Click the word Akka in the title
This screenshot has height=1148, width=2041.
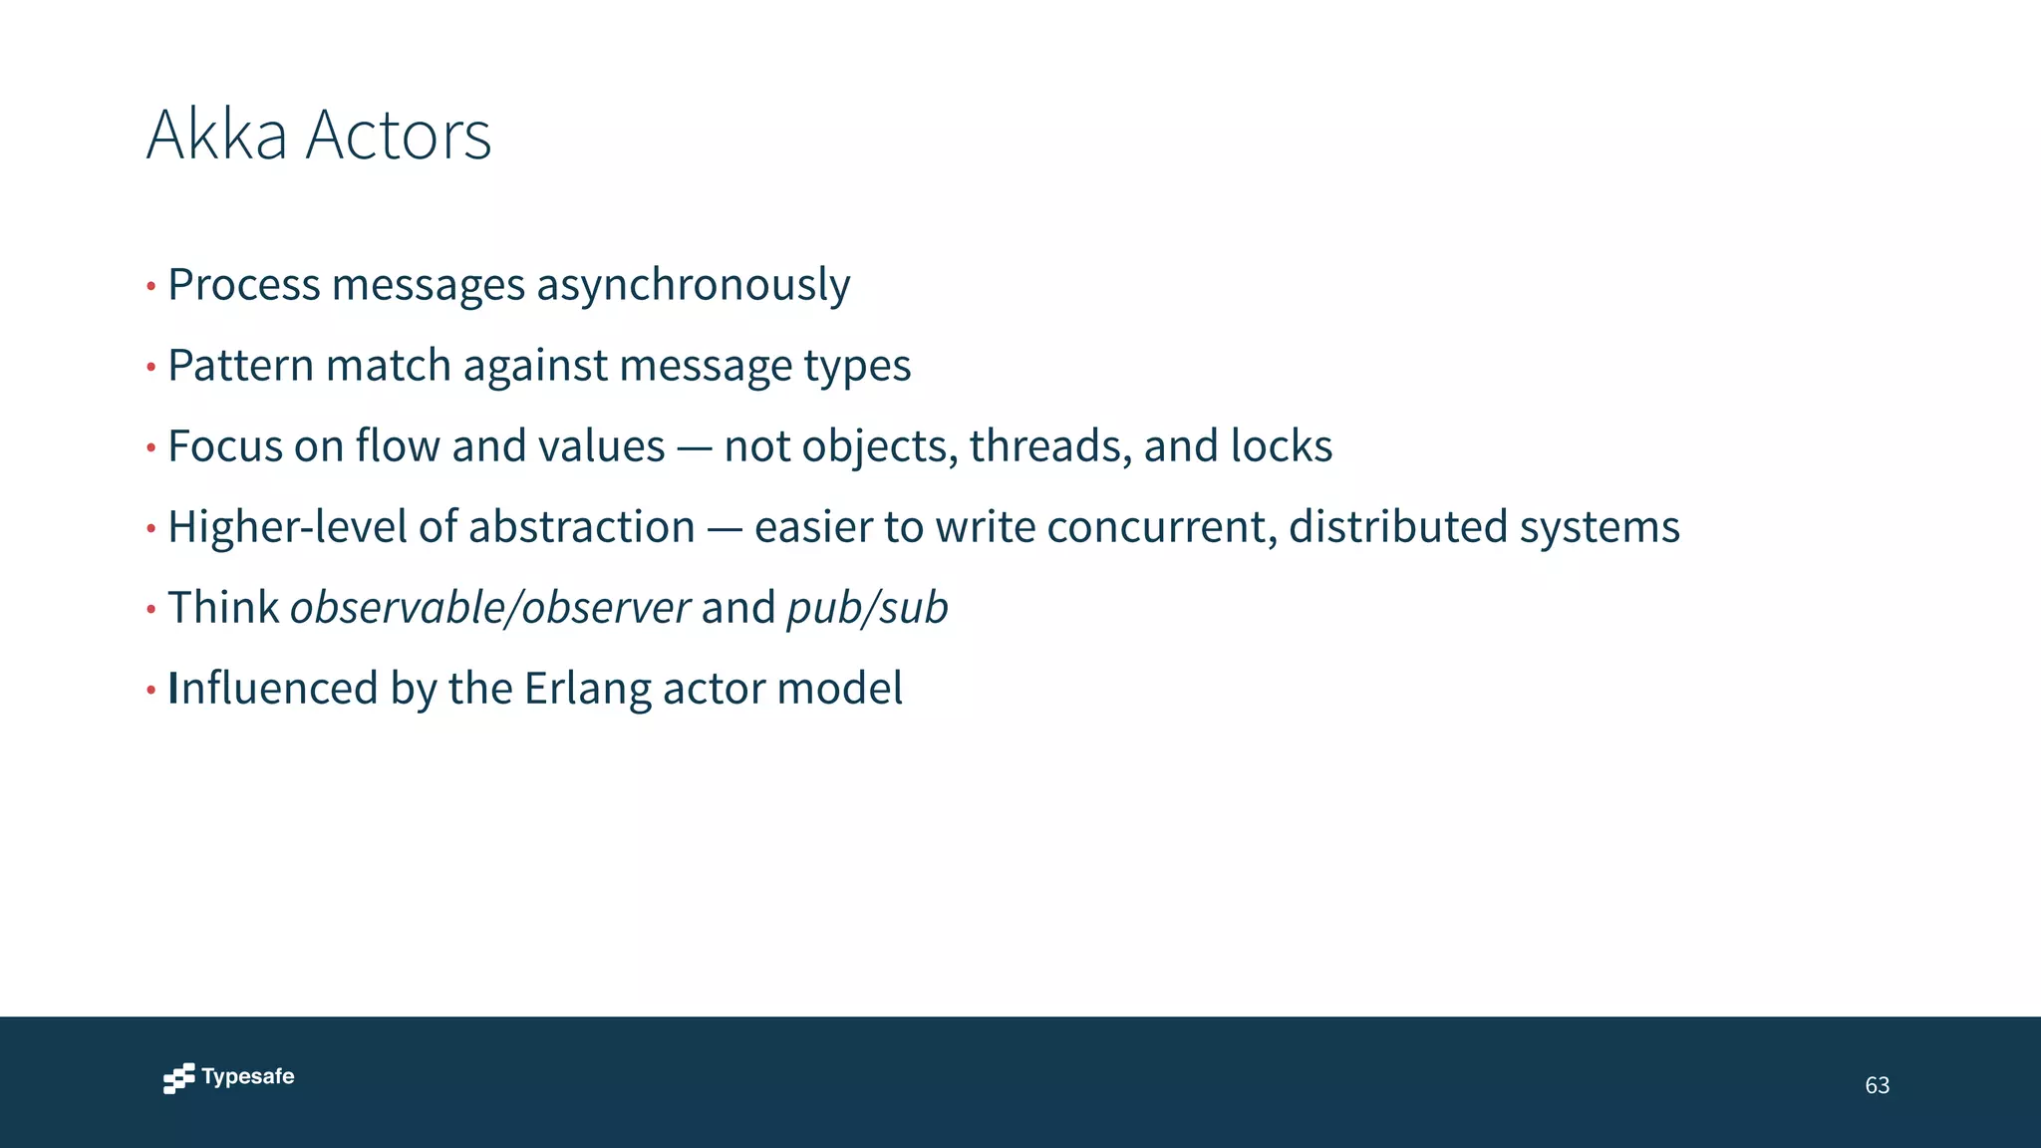(x=216, y=135)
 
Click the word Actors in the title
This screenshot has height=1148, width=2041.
(x=398, y=135)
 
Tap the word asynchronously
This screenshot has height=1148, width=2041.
(x=693, y=286)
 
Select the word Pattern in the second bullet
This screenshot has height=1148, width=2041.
(x=240, y=366)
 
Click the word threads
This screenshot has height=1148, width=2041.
(x=1050, y=446)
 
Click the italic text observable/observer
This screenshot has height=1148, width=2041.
(x=489, y=608)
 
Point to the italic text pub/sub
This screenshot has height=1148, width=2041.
(x=867, y=609)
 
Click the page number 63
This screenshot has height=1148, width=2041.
(x=1877, y=1085)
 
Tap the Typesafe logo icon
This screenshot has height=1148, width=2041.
(x=178, y=1078)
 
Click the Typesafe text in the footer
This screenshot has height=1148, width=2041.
(x=248, y=1077)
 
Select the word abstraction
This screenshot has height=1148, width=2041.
(x=581, y=527)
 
